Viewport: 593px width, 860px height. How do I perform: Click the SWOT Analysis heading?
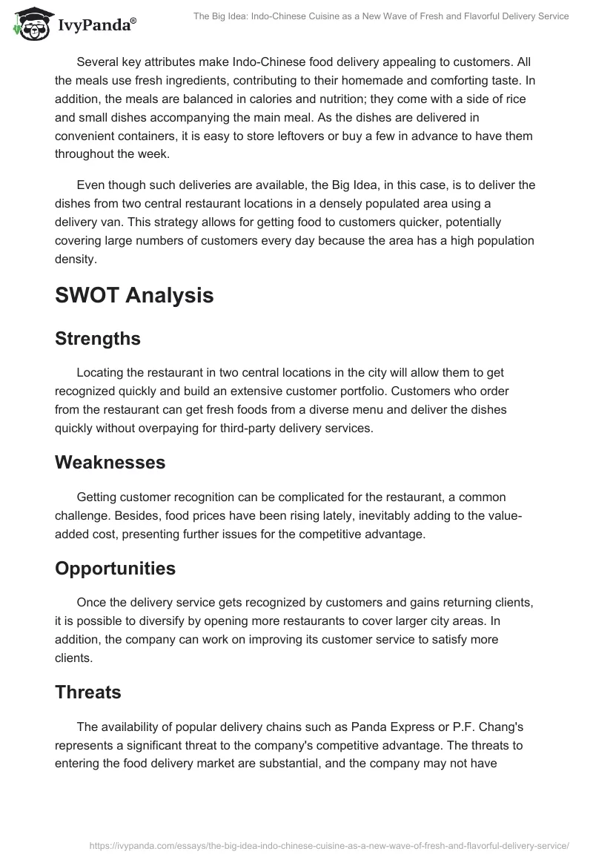click(x=134, y=295)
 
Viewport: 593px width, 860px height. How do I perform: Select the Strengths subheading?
click(x=98, y=338)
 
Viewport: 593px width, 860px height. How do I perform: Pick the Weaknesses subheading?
click(x=110, y=462)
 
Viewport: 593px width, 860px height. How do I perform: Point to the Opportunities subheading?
click(x=115, y=568)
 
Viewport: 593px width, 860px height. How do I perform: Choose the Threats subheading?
click(x=88, y=692)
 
